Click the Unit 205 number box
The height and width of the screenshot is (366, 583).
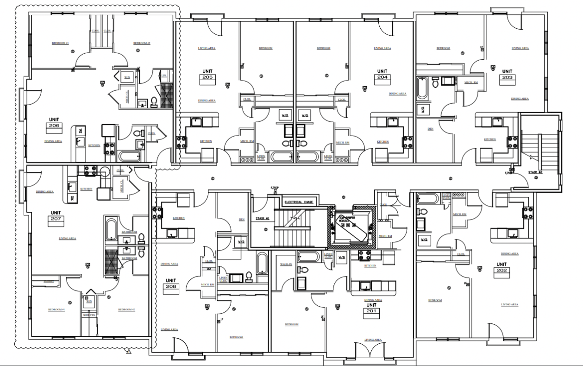click(207, 77)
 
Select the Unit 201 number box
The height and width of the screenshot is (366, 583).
click(371, 311)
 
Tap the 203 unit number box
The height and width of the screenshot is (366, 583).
click(508, 77)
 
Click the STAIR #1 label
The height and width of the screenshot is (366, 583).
click(263, 218)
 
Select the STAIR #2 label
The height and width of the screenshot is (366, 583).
click(536, 173)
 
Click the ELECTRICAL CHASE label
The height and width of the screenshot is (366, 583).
click(300, 202)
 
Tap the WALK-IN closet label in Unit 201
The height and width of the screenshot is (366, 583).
click(286, 264)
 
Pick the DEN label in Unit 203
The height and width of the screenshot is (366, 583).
click(430, 129)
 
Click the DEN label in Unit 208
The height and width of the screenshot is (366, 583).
click(241, 220)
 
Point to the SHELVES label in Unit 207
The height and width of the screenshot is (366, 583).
click(89, 315)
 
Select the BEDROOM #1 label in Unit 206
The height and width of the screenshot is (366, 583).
click(60, 43)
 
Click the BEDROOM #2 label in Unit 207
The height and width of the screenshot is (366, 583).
click(126, 309)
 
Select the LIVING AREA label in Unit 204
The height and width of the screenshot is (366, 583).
click(382, 48)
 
